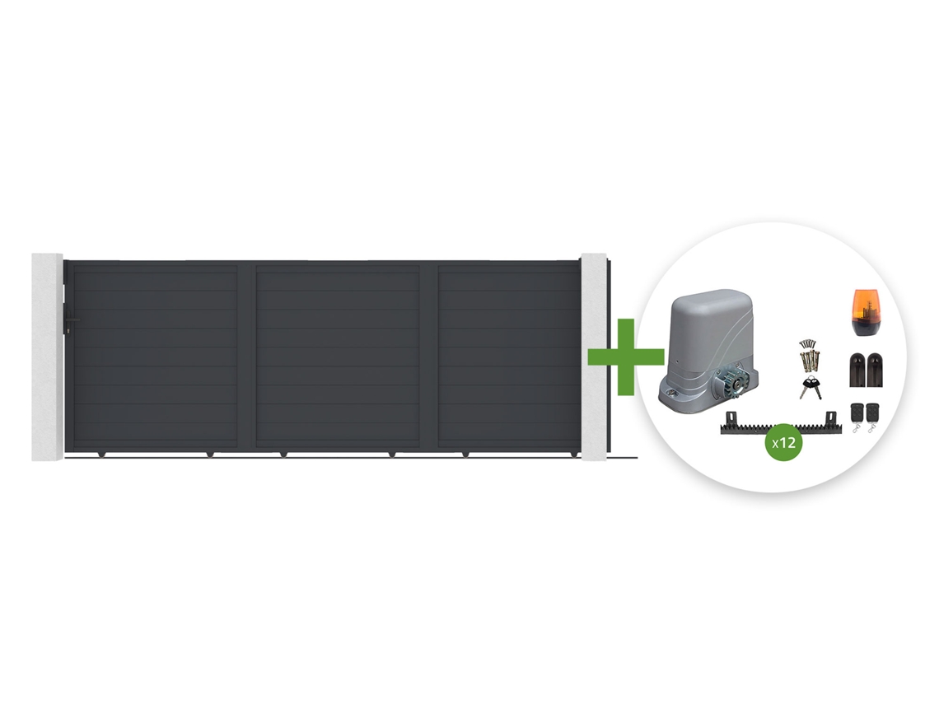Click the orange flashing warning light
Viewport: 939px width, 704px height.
pos(865,312)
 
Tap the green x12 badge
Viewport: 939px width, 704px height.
pos(784,442)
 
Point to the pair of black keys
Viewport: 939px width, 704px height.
pos(811,388)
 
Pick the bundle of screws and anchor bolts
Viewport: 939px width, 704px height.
pos(809,357)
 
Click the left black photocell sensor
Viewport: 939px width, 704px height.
pos(857,370)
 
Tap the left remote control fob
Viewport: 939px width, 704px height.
pos(857,417)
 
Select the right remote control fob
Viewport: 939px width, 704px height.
pos(872,417)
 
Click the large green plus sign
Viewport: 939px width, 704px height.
pos(626,357)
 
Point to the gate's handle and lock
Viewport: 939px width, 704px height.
pos(70,322)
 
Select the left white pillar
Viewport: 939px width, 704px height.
pos(47,357)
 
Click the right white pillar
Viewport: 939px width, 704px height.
pos(593,357)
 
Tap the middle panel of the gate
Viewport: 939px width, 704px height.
pos(338,357)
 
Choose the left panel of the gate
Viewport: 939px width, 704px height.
pos(155,357)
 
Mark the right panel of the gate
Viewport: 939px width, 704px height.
pos(508,357)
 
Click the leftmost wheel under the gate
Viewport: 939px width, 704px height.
pos(101,455)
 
